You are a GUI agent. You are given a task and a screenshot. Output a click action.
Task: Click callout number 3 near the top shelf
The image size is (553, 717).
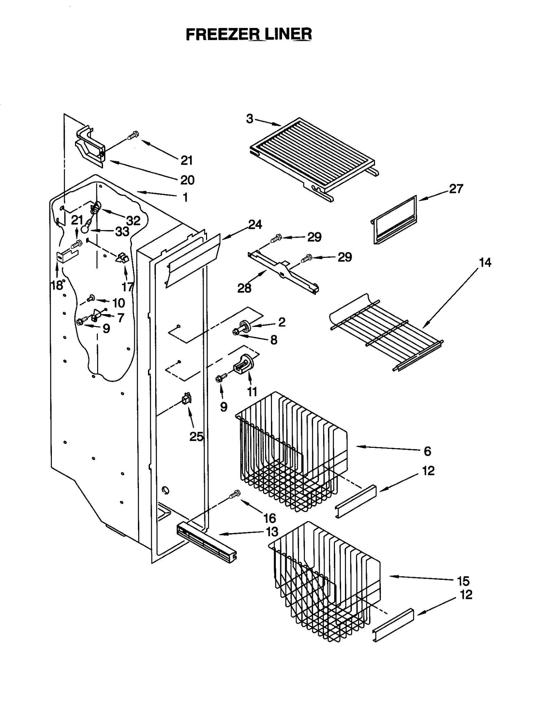(x=250, y=119)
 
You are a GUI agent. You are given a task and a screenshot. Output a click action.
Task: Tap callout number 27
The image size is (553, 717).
(x=456, y=189)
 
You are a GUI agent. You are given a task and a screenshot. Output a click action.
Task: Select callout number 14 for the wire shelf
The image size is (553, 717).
(x=485, y=263)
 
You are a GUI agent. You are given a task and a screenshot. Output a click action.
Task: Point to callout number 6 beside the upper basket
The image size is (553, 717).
(x=427, y=451)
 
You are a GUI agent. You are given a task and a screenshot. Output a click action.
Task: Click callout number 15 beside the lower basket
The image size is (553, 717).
(x=463, y=581)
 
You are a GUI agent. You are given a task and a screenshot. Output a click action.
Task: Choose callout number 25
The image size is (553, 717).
(x=196, y=437)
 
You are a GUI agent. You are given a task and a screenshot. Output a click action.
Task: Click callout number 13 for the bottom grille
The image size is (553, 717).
(x=272, y=532)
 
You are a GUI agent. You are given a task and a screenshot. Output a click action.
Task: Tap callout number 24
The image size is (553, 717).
(x=255, y=225)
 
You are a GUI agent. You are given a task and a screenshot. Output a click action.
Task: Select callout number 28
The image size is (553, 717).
(x=244, y=288)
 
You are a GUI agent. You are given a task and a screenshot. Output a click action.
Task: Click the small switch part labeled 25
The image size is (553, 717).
(x=187, y=399)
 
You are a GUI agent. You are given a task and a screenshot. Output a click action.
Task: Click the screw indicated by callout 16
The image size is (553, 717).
(x=235, y=494)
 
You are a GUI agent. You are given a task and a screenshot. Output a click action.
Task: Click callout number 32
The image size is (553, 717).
(x=133, y=220)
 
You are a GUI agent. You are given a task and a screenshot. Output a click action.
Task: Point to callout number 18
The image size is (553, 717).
(x=57, y=285)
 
